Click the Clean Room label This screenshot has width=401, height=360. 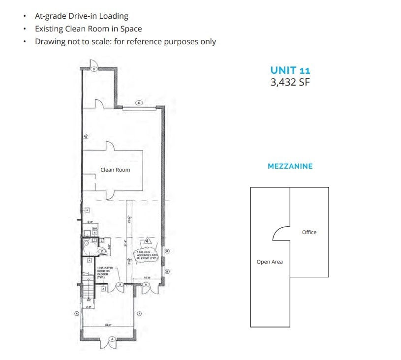(115, 170)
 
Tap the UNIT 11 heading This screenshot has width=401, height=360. (290, 70)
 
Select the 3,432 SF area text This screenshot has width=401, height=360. (290, 82)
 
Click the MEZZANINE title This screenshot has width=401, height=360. (290, 166)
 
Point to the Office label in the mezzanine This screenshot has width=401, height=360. (309, 232)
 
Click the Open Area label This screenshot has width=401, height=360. (270, 262)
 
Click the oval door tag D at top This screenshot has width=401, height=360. (94, 70)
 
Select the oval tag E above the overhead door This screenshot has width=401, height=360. (139, 103)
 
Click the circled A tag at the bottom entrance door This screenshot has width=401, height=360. (112, 339)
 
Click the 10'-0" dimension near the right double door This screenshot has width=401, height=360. (147, 278)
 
